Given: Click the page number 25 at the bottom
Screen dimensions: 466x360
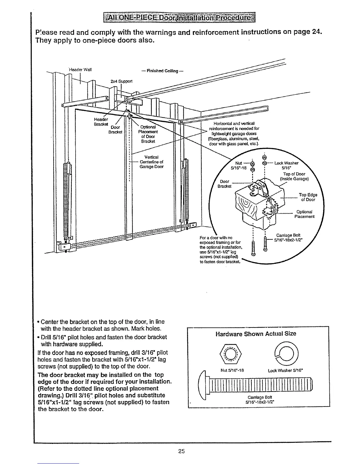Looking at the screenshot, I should tap(181, 451).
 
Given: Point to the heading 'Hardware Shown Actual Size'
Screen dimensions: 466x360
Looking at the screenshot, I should tap(256, 334).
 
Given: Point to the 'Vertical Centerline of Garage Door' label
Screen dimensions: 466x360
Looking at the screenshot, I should tap(151, 162).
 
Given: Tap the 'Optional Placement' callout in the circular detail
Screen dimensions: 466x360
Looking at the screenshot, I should tap(304, 214).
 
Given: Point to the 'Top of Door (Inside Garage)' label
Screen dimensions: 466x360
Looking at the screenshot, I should tap(294, 176).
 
